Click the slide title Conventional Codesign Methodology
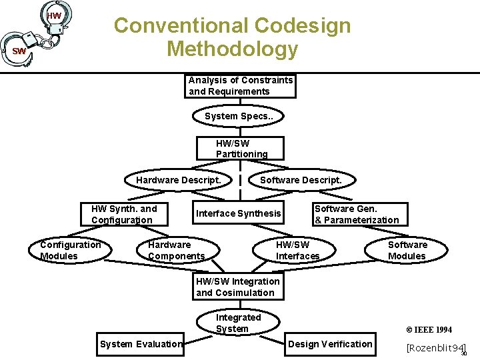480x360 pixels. coord(232,37)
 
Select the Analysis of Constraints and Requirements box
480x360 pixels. coord(240,86)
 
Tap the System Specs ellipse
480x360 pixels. coord(239,116)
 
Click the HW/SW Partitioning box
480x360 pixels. coord(241,148)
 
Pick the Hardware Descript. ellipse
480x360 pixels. coord(178,180)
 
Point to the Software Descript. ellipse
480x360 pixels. coord(300,180)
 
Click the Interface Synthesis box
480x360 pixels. coord(238,213)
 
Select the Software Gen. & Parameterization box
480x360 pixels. coord(356,214)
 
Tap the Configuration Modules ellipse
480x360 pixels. coord(70,250)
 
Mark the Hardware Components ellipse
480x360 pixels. coord(176,250)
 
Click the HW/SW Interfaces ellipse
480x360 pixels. coord(297,250)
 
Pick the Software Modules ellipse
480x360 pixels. coord(407,250)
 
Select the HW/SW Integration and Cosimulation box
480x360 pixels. coord(237,287)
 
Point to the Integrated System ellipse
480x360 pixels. coord(238,323)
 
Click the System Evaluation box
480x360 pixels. coord(141,344)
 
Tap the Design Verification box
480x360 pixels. coord(329,344)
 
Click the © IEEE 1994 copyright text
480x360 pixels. coord(429,329)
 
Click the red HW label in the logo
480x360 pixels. coord(54,15)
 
